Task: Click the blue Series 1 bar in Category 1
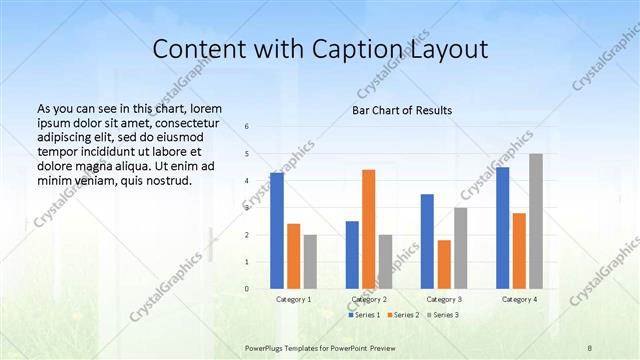coord(277,231)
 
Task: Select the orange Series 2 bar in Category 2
coord(368,229)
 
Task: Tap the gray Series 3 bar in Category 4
coord(536,221)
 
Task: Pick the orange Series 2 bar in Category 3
coord(444,264)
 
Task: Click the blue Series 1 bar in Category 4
coord(502,228)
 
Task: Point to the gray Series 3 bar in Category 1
coord(310,262)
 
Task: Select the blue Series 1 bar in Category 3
coord(427,241)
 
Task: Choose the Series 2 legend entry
coord(402,315)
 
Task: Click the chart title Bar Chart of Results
coord(402,110)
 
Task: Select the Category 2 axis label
coord(369,299)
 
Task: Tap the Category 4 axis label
coord(519,299)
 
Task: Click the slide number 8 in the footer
coord(589,346)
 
